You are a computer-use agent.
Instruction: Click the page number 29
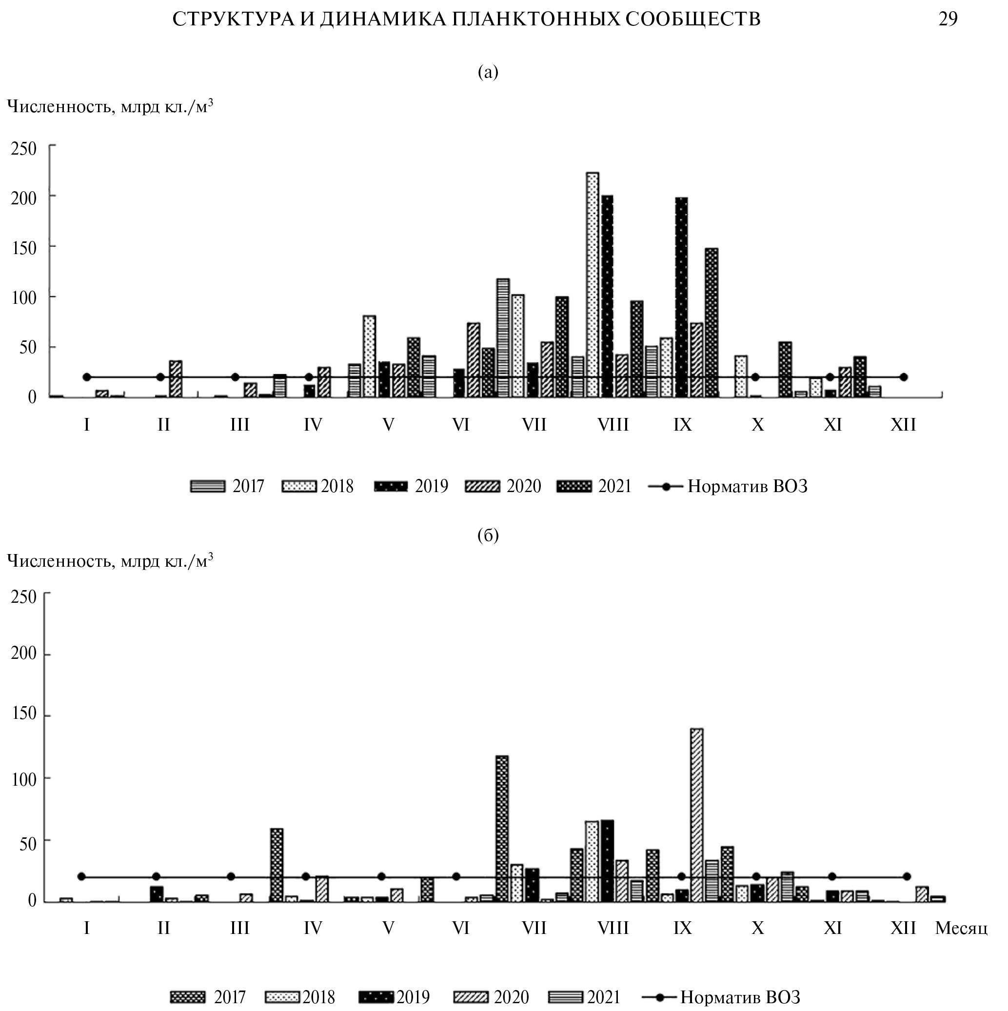point(948,20)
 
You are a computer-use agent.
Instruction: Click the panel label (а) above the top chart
point(488,72)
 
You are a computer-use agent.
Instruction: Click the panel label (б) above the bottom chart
point(488,535)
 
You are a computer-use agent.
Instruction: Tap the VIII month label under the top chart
point(613,425)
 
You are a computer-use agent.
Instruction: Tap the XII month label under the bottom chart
point(903,928)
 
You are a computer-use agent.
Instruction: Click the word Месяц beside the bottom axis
point(961,928)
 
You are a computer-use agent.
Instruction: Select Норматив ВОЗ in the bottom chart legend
point(740,997)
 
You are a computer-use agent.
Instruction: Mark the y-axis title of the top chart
point(110,106)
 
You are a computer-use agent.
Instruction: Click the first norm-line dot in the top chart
point(87,377)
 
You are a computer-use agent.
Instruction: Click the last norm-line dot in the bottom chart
point(907,876)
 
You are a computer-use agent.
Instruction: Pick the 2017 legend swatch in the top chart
point(208,487)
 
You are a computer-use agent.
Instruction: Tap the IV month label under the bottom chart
point(313,928)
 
